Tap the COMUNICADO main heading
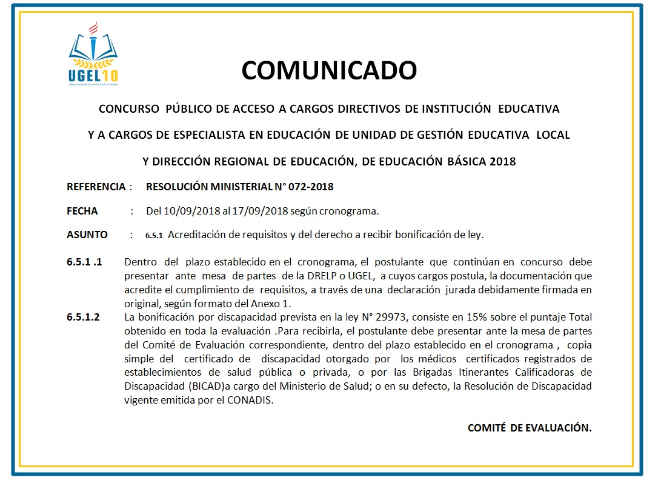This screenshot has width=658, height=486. coord(329,70)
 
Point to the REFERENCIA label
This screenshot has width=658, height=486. coord(96,187)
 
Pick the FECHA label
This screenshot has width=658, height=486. coord(82,211)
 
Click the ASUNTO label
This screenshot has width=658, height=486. coord(87,235)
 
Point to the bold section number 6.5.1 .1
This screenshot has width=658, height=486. coord(84,262)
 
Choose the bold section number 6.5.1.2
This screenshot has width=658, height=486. coord(83,317)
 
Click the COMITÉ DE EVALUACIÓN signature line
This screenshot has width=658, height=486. coord(529,428)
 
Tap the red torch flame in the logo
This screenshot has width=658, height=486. coord(93,28)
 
